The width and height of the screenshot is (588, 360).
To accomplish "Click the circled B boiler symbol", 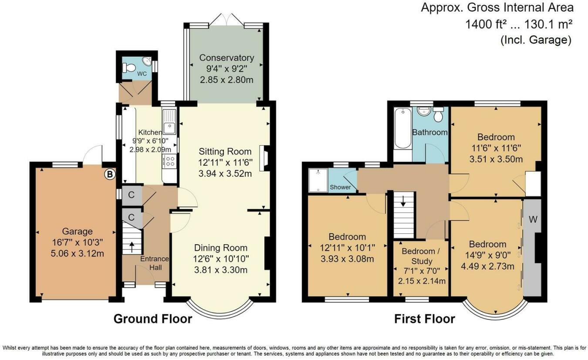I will tap(110, 175).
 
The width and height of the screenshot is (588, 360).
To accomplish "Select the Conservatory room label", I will tap(226, 58).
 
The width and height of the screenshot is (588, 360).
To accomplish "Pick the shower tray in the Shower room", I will tap(318, 180).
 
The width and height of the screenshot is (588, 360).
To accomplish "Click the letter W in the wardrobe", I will tap(533, 219).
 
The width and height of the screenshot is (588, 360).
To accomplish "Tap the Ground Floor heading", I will tap(152, 319).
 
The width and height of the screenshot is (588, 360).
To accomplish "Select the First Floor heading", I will tap(424, 319).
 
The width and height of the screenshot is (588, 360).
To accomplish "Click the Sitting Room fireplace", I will tap(264, 156).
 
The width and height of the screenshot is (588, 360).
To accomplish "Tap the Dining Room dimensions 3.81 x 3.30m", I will tap(221, 270).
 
